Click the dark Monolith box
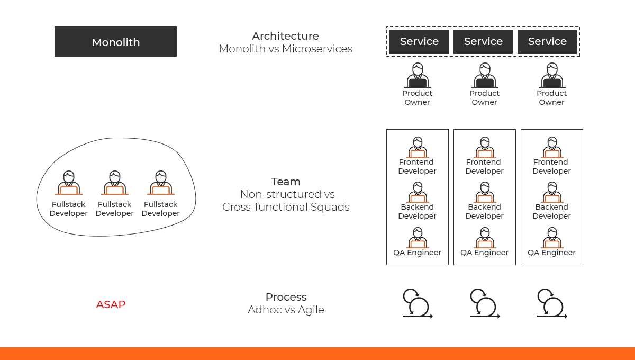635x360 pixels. pos(115,42)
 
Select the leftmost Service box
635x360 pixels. pos(419,41)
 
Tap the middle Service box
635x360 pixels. pos(483,41)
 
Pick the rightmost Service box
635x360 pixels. pos(547,41)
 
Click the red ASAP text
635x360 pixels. pos(111,304)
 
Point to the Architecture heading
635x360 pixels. pos(285,36)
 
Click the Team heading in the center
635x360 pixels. pos(286,182)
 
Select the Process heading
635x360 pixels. pos(286,297)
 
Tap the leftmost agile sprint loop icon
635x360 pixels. pos(417,303)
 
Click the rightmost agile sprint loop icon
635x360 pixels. pos(551,303)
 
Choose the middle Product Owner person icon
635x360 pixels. pos(484,76)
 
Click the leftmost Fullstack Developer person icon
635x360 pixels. pos(68,183)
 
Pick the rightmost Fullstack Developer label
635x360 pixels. pos(160,209)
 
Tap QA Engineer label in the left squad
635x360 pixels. pos(417,253)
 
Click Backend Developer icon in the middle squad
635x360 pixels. pos(484,192)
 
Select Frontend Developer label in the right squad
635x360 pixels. pos(551,167)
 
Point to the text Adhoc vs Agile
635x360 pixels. pos(286,310)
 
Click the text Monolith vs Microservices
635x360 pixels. pos(286,49)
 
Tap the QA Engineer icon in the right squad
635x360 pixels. pos(551,238)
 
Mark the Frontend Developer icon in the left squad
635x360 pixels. pos(417,147)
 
